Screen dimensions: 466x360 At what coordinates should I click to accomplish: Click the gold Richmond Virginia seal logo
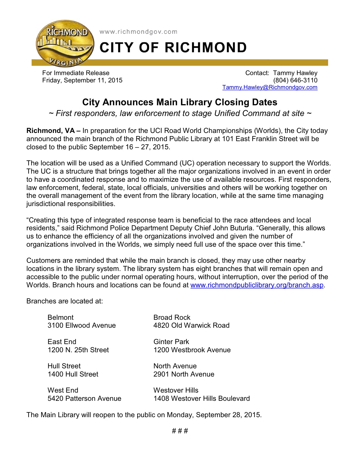click(64, 44)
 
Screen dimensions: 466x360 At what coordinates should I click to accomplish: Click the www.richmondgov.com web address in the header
click(138, 32)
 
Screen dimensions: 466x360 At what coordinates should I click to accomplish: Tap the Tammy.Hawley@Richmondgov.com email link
click(270, 87)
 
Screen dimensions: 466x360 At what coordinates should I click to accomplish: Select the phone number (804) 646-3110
click(295, 80)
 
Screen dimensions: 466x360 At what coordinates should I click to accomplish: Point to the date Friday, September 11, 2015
click(82, 80)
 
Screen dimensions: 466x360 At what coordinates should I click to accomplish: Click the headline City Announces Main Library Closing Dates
click(180, 102)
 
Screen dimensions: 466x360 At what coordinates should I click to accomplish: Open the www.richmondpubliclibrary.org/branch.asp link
click(257, 285)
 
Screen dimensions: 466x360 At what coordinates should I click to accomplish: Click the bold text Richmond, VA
click(51, 131)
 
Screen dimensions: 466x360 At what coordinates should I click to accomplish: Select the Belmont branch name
click(60, 318)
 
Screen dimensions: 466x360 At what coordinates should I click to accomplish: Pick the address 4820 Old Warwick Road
click(191, 325)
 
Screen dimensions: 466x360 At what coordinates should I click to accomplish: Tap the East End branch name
click(62, 342)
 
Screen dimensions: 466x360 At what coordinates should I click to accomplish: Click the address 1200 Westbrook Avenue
click(192, 350)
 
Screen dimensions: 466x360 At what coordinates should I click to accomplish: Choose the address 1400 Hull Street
click(73, 374)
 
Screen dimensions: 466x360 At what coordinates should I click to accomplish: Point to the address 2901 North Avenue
click(184, 374)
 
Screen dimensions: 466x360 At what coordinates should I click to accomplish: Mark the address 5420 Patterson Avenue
click(84, 399)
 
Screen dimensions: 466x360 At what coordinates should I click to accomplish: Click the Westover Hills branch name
click(176, 390)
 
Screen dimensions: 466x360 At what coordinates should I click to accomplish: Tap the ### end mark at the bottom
click(180, 431)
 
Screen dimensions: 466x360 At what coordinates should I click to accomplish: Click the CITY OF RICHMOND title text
click(173, 47)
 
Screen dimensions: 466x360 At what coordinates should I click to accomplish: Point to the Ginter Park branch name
click(171, 342)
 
